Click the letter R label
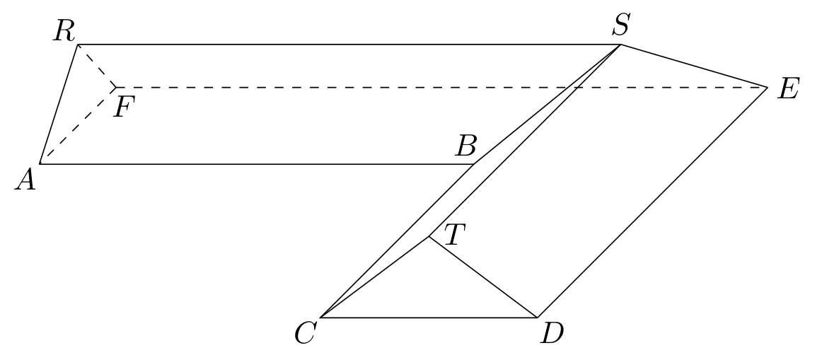64,31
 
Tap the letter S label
621,25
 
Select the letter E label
788,89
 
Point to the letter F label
125,108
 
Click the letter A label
25,180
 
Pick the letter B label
465,146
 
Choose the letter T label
455,234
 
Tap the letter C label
305,332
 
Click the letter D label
552,333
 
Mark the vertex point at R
78,45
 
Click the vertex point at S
621,45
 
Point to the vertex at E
768,88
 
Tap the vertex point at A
40,164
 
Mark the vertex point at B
474,164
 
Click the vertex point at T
429,236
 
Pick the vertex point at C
320,317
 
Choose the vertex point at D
538,317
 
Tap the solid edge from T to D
483,277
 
